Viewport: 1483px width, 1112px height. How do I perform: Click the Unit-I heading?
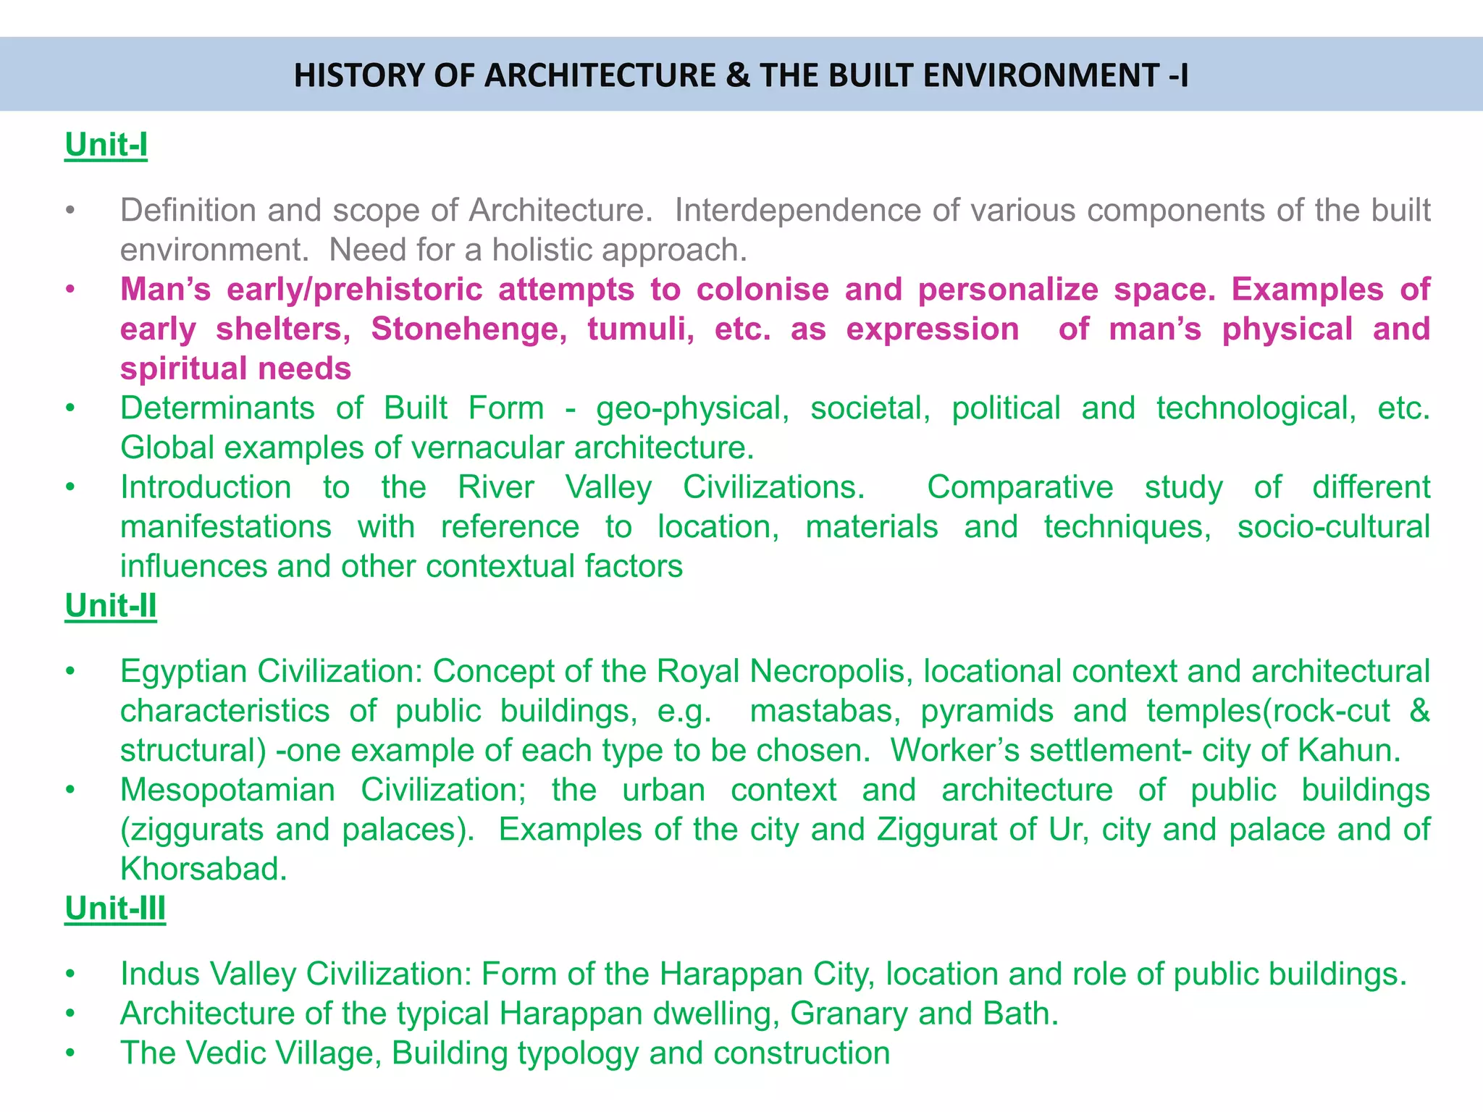(106, 145)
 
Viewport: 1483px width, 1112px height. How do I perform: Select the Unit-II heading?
(110, 606)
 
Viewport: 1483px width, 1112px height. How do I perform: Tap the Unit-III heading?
(115, 909)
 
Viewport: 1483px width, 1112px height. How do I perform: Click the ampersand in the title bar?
(737, 76)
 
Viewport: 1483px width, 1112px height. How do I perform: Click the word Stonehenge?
(469, 329)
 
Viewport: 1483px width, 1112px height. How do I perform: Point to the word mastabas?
(825, 711)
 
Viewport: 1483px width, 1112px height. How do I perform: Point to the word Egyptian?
(184, 672)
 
